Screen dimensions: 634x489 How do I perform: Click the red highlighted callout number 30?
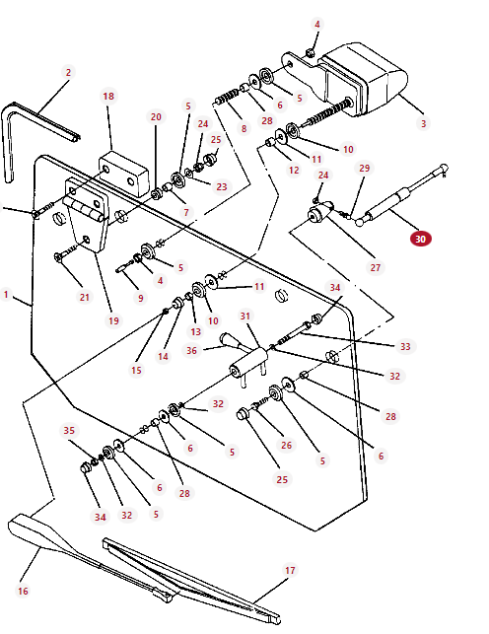[x=420, y=239]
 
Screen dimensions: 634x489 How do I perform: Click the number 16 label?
[x=23, y=591]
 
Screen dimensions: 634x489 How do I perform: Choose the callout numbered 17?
[x=290, y=570]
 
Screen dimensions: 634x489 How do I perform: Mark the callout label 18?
[x=108, y=97]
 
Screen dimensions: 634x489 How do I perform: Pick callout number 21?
[x=84, y=297]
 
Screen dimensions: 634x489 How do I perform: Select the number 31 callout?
[x=246, y=316]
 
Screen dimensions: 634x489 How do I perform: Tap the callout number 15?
[x=136, y=370]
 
